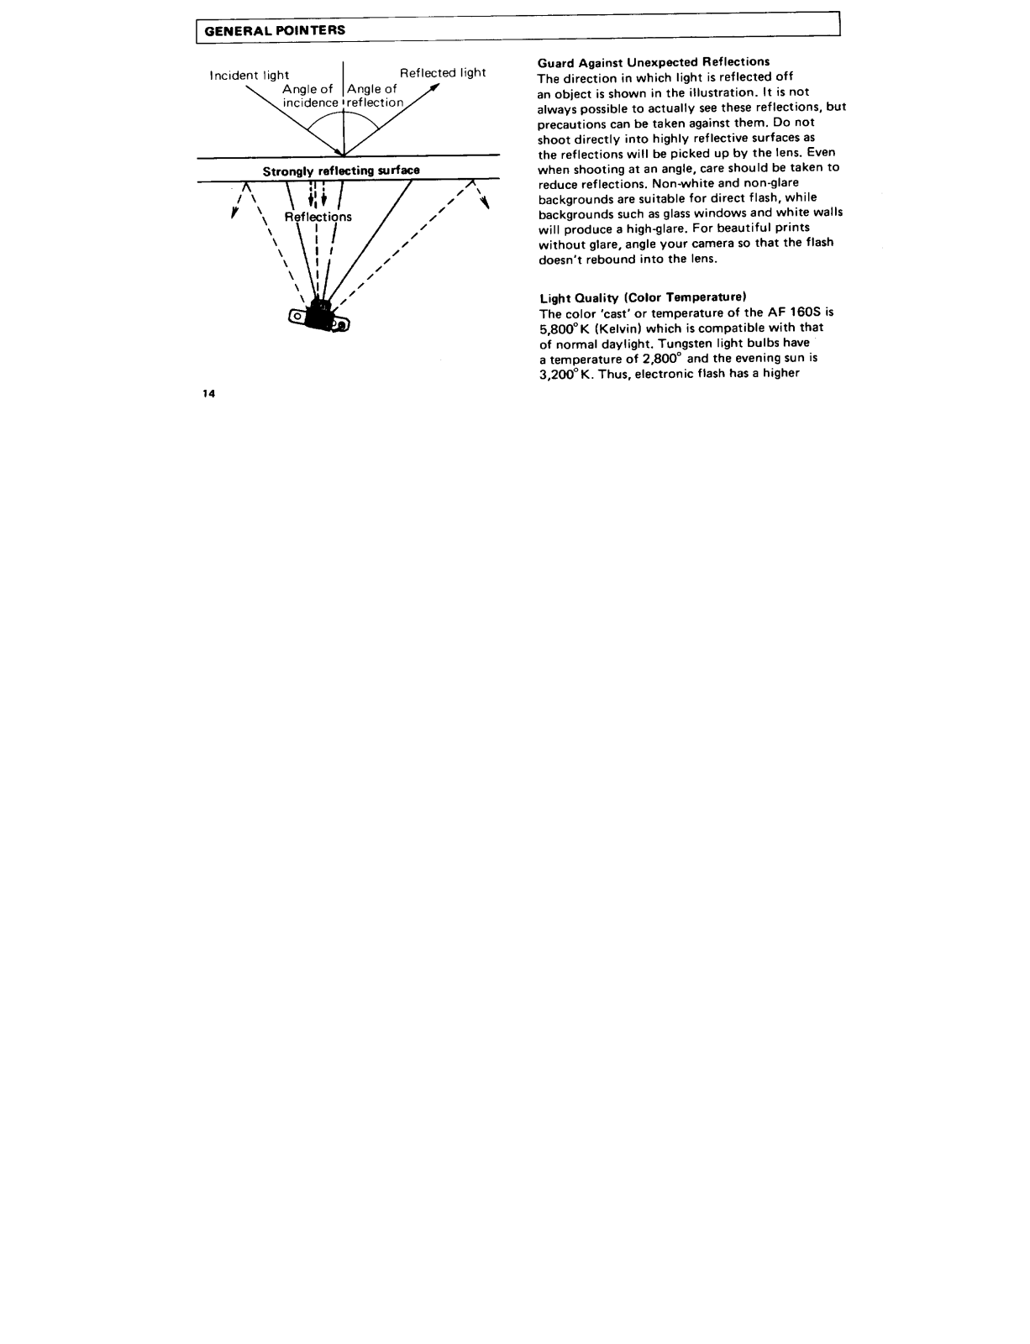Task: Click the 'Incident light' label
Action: click(x=250, y=76)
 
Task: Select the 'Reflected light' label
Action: click(x=443, y=73)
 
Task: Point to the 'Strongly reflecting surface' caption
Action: click(x=341, y=171)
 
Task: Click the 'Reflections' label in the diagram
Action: click(x=318, y=217)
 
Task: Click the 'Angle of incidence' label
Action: click(x=309, y=96)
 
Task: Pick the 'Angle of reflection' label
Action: click(x=374, y=96)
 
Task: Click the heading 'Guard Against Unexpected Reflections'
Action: click(x=654, y=61)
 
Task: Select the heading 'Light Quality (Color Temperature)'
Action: click(x=643, y=297)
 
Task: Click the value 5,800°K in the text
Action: click(x=565, y=328)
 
